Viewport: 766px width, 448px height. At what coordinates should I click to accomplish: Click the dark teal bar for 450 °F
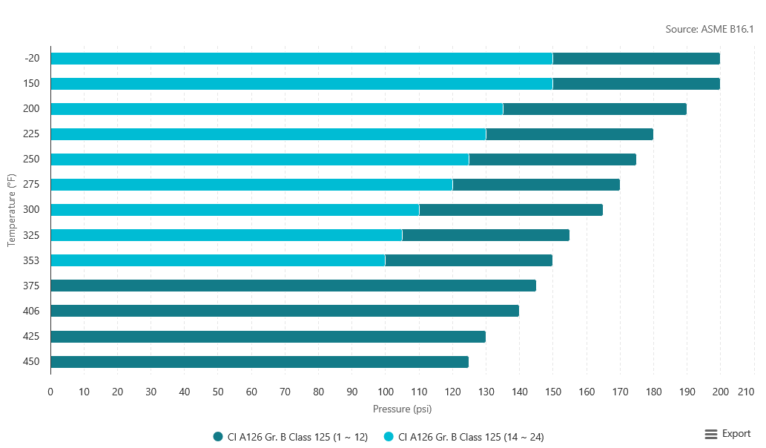(260, 362)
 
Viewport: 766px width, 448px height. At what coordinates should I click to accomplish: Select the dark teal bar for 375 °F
(293, 286)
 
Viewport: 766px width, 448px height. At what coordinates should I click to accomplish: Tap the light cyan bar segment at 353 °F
(217, 260)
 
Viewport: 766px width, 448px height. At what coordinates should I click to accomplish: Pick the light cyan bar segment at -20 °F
(301, 59)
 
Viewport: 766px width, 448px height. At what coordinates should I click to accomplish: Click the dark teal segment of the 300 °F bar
(511, 210)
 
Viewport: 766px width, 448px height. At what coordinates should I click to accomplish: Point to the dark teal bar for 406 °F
(285, 311)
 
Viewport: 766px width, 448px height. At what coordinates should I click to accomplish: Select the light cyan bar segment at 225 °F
(268, 134)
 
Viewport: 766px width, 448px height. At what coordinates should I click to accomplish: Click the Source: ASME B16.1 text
(710, 30)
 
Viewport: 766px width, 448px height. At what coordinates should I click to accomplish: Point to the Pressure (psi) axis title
(402, 409)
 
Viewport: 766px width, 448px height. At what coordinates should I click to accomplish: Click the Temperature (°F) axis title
(12, 210)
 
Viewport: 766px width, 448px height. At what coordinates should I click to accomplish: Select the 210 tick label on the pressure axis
(746, 392)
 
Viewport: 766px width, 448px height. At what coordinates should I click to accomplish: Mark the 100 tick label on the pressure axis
(386, 392)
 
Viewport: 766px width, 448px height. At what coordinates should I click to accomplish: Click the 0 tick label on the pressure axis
(50, 392)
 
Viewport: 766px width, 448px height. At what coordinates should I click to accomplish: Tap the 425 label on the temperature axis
(32, 336)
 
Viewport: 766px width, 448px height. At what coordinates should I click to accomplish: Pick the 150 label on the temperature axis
(32, 84)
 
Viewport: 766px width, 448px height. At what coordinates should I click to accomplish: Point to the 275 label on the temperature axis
(32, 185)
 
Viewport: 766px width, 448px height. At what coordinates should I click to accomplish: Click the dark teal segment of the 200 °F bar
(595, 109)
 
